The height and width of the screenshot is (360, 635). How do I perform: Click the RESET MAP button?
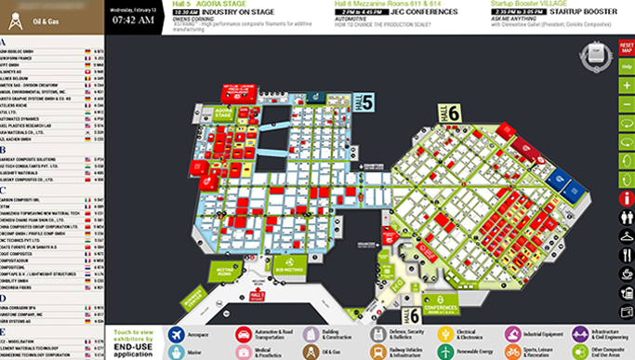point(626,47)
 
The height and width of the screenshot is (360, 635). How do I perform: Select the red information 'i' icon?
point(626,197)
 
